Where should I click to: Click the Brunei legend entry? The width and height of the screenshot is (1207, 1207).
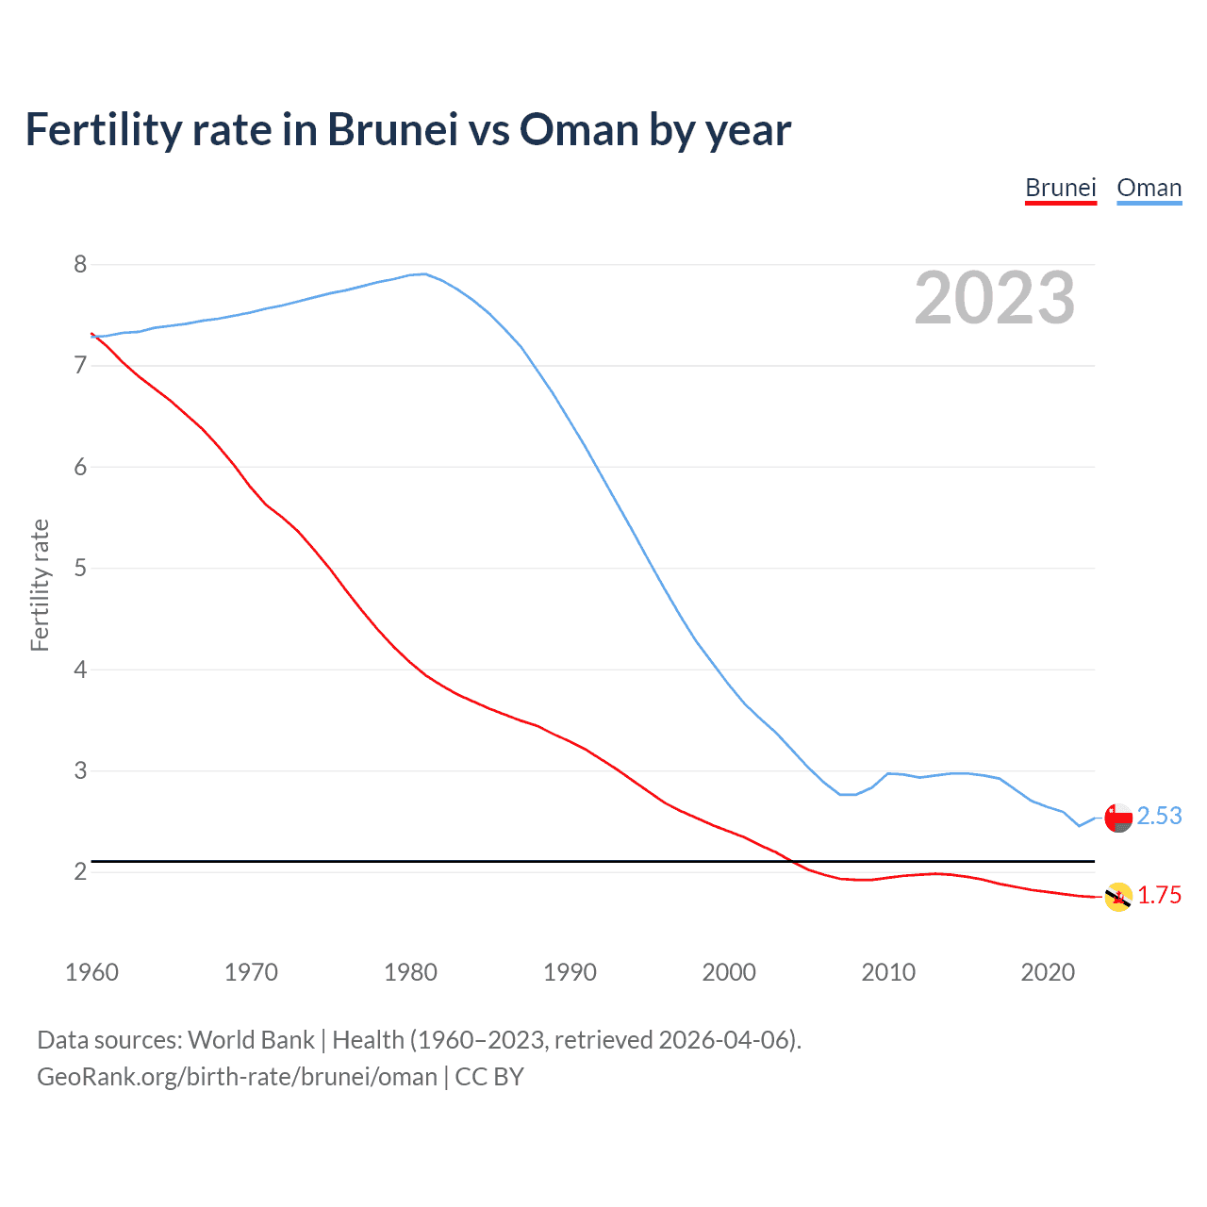click(x=1060, y=188)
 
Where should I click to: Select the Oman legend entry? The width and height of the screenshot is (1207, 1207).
click(x=1149, y=188)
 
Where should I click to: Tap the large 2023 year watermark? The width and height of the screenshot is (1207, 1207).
click(x=995, y=298)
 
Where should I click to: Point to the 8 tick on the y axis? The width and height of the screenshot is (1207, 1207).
click(x=80, y=264)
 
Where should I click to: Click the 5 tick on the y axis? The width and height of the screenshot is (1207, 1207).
click(x=80, y=568)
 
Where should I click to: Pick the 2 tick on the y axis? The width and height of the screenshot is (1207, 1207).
click(x=80, y=871)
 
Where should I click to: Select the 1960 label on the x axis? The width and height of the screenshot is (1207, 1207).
click(x=91, y=972)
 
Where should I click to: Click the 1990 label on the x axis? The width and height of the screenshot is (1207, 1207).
click(x=570, y=972)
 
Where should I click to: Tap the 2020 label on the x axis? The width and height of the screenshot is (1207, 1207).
click(x=1048, y=972)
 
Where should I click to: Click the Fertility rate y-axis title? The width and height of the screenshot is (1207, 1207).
click(x=40, y=585)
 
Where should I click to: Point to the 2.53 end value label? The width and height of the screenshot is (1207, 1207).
click(x=1159, y=816)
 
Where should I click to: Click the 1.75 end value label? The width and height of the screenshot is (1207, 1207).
click(x=1159, y=895)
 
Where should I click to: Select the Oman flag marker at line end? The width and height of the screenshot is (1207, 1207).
click(x=1118, y=818)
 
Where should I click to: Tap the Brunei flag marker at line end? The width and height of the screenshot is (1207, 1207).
click(x=1118, y=897)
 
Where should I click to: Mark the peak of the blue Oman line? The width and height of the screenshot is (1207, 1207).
click(x=424, y=273)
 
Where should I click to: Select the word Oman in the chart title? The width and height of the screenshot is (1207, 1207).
click(x=579, y=129)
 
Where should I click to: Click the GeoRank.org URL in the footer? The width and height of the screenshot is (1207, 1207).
click(x=237, y=1077)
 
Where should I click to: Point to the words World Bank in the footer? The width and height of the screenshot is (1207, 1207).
click(x=251, y=1040)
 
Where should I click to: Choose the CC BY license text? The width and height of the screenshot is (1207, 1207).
click(x=489, y=1077)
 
